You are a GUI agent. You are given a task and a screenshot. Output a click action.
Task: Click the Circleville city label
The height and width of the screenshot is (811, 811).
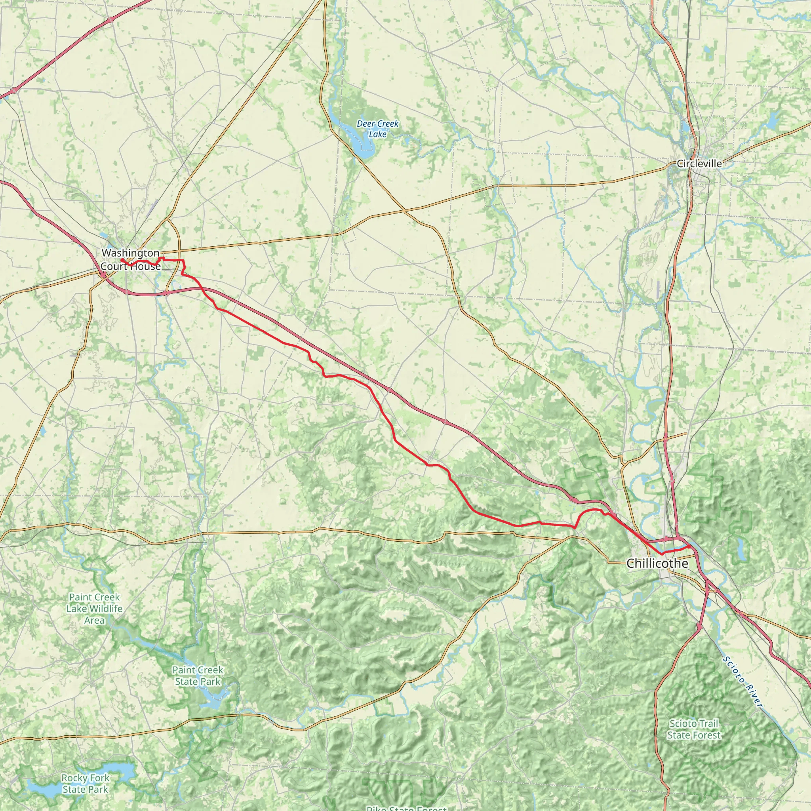[x=699, y=164]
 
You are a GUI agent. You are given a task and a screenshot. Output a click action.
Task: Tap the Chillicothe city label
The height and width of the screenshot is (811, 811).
[x=657, y=564]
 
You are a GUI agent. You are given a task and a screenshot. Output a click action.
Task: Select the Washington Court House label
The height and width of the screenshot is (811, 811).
[x=131, y=259]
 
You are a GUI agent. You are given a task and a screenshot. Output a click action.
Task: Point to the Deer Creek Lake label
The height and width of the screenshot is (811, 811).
[x=377, y=129]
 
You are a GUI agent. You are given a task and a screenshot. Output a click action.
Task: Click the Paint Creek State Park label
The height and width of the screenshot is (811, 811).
[x=198, y=676]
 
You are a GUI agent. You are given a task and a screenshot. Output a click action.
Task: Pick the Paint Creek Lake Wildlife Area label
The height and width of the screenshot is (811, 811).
[x=95, y=608]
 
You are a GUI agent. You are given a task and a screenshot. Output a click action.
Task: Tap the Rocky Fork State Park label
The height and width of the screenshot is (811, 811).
[x=85, y=783]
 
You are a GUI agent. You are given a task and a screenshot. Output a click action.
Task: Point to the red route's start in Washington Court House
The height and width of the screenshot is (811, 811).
[x=122, y=260]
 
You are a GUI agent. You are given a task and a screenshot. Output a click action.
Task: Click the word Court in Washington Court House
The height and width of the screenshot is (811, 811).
[x=114, y=266]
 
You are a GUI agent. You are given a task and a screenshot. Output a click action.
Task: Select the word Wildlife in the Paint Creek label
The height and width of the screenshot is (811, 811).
[x=105, y=608]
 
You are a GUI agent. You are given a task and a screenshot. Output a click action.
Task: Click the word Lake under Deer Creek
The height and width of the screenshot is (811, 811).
[x=377, y=134]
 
